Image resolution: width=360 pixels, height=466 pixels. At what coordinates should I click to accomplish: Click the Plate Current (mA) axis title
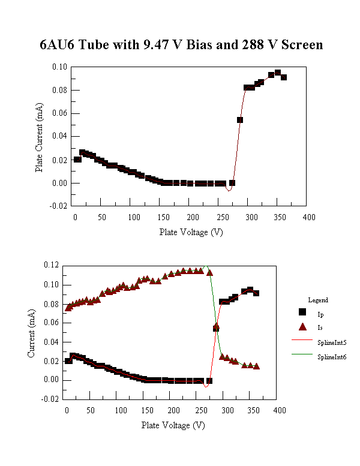[39, 136]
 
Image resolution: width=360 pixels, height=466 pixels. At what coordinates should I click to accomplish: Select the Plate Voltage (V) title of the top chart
[191, 232]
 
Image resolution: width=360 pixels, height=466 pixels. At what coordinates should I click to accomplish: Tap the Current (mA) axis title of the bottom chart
[31, 332]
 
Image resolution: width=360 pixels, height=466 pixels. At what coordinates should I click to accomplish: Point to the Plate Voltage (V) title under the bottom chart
[173, 425]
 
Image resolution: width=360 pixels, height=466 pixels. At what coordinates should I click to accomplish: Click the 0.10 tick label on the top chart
[59, 67]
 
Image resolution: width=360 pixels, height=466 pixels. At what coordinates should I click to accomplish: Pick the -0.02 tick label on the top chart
[58, 206]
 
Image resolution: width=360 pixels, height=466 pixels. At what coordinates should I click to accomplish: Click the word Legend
[318, 300]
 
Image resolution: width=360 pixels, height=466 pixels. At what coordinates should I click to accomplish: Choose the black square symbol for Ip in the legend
[302, 312]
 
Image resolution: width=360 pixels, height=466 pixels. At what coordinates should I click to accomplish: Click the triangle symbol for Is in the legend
[302, 327]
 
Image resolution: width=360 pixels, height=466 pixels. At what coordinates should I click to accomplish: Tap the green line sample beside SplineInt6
[302, 356]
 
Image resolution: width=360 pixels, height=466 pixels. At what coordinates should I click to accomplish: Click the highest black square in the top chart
[278, 73]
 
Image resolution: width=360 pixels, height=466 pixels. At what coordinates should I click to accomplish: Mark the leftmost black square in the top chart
[77, 160]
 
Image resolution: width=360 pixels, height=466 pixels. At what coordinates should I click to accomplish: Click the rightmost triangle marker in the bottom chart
[257, 366]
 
